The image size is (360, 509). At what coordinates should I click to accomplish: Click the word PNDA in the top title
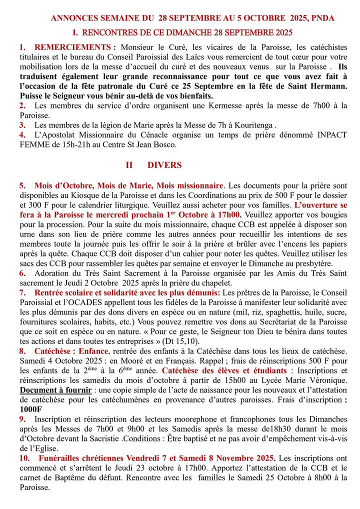tap(322, 18)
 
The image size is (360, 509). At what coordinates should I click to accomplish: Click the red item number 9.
tap(22, 419)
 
